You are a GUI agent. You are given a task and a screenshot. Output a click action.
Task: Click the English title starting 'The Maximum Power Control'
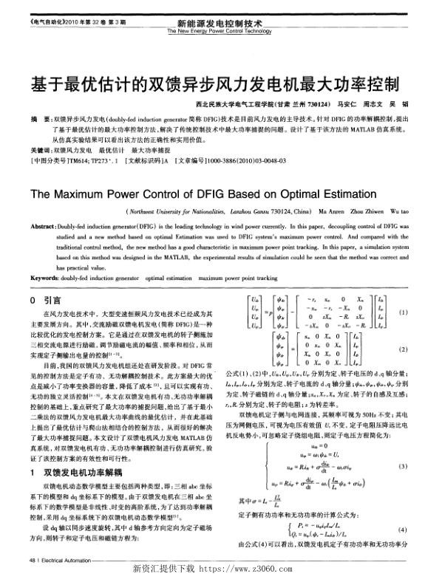[x=212, y=195]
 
